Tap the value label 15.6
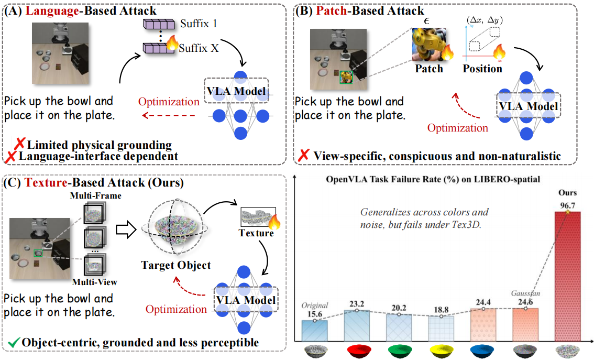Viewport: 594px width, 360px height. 314,314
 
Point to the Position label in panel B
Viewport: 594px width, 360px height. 482,69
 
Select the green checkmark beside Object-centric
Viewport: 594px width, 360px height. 14,343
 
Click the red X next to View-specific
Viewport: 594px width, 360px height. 303,155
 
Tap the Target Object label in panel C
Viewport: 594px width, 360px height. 176,265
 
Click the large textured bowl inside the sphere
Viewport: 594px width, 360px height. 175,226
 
